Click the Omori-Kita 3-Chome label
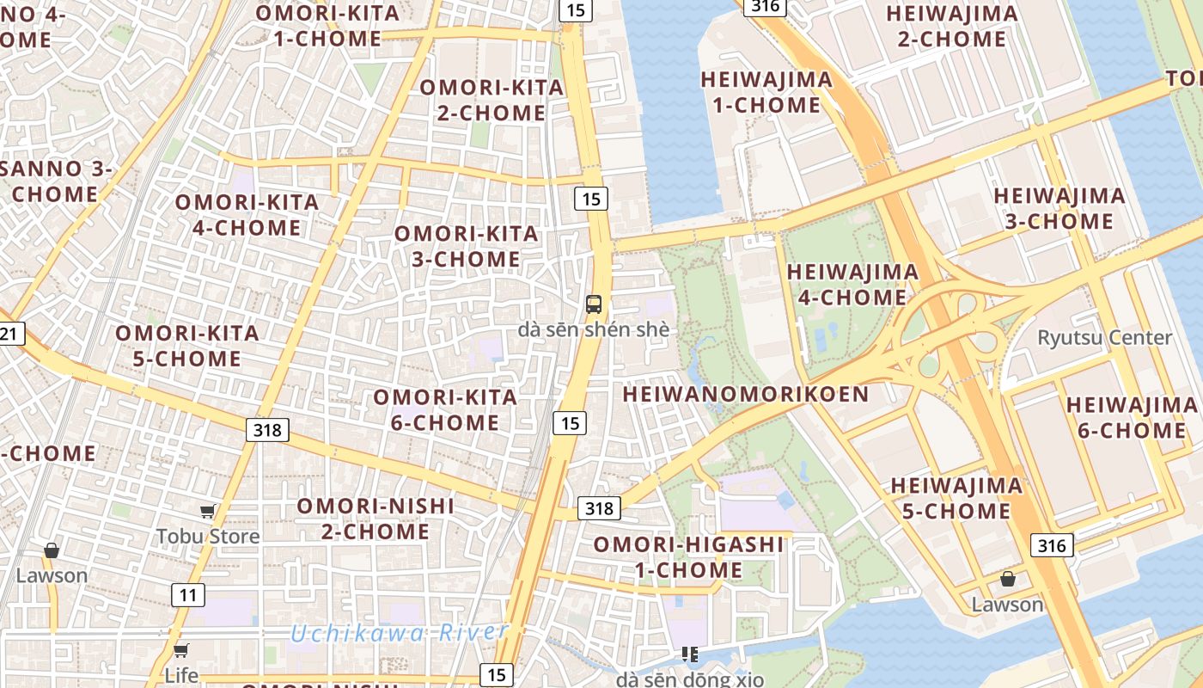click(466, 246)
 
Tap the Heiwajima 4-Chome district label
click(852, 285)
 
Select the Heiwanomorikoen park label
click(745, 395)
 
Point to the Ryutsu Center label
click(1104, 337)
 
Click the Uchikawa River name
click(399, 634)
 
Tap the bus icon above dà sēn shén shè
click(594, 304)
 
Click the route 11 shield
click(188, 594)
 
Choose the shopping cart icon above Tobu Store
click(207, 513)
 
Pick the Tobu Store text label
click(207, 537)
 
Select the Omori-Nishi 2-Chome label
click(376, 519)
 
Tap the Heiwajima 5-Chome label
click(956, 498)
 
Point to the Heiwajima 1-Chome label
click(766, 92)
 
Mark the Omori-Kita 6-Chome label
click(444, 409)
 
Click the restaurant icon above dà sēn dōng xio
click(689, 655)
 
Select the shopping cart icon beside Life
click(180, 650)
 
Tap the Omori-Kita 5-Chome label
click(186, 346)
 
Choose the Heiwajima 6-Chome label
click(1131, 417)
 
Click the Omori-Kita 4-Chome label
click(246, 215)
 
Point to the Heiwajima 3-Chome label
click(1059, 208)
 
